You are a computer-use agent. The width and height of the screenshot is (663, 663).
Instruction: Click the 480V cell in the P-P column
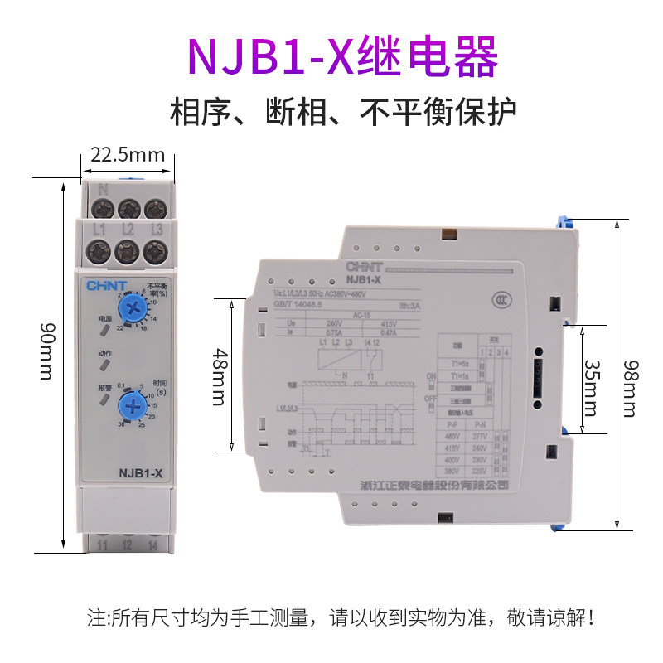click(452, 438)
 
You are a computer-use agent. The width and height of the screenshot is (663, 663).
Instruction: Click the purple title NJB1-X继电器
click(342, 56)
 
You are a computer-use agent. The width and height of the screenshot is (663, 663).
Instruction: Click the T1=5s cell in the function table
click(452, 365)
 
